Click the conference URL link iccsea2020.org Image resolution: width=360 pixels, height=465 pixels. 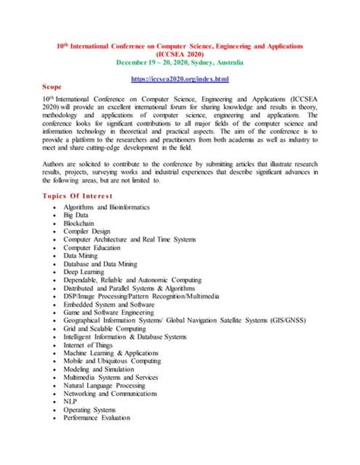click(180, 79)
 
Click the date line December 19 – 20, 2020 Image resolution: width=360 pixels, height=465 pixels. click(180, 63)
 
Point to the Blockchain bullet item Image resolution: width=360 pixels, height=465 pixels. click(81, 224)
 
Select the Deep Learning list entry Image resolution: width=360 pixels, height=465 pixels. click(84, 270)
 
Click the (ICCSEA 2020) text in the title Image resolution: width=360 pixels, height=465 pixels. click(180, 55)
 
